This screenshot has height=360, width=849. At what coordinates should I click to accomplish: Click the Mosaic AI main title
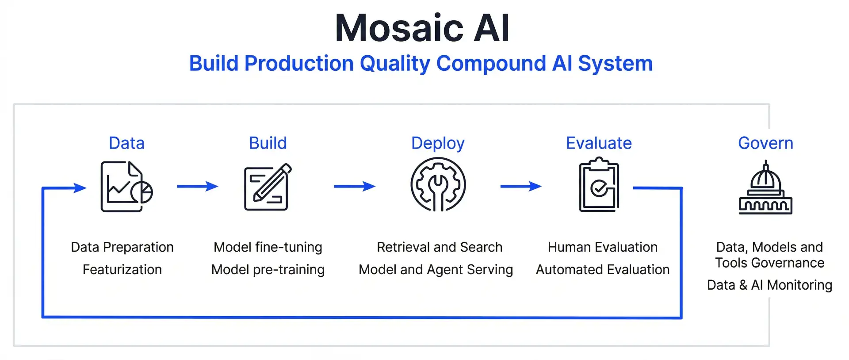422,28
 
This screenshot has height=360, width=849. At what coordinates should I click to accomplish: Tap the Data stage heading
126,143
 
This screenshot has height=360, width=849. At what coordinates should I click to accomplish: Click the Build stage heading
268,143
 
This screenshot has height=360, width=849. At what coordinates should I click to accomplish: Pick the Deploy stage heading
438,144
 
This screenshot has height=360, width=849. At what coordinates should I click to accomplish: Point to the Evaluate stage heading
599,143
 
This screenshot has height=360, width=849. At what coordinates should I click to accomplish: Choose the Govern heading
765,143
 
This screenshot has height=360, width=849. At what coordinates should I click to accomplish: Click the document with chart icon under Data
126,187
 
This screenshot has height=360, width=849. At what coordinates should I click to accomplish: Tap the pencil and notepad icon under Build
268,187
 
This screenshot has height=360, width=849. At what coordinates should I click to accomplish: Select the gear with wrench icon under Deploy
438,185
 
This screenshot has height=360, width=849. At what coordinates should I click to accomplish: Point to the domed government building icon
765,189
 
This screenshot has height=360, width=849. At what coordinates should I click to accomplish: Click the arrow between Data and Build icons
197,186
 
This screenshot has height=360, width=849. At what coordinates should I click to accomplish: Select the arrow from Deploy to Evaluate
520,186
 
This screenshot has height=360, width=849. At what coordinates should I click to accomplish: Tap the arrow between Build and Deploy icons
354,186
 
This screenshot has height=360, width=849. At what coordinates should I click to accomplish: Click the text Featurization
122,269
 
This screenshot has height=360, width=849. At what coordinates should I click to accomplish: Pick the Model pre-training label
268,269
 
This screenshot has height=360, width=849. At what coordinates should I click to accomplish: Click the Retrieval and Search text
439,247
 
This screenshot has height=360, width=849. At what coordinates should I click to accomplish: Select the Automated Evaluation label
602,269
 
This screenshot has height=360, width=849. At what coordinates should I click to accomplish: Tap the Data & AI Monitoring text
769,285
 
